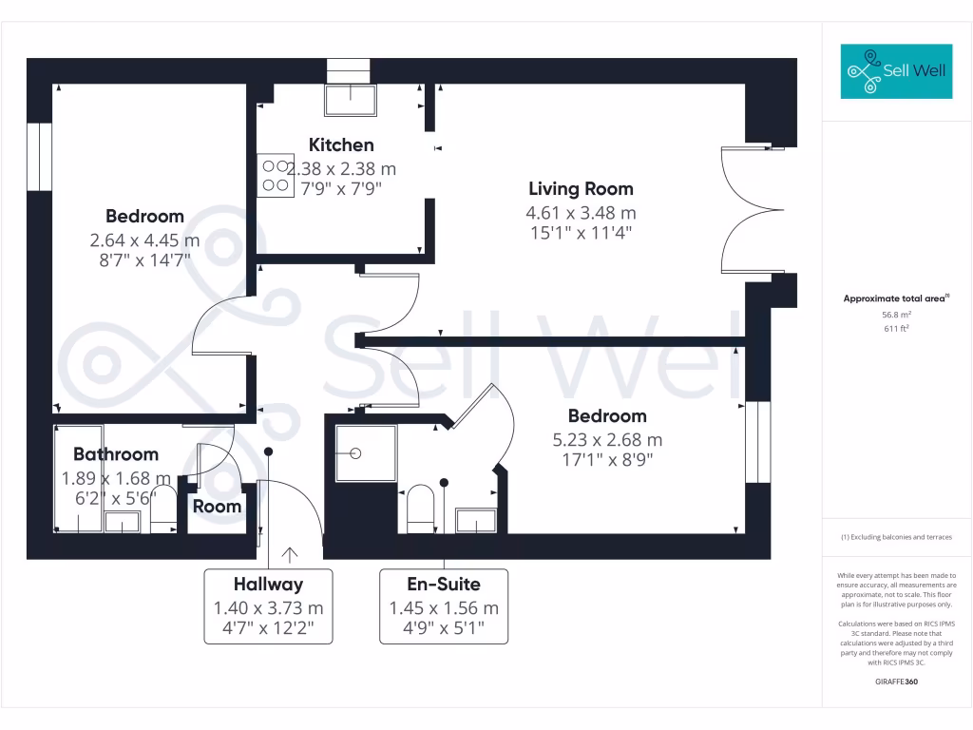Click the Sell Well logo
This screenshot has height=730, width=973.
[896, 71]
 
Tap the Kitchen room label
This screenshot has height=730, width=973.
[341, 145]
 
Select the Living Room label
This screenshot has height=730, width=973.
[581, 189]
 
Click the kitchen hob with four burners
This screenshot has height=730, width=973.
[276, 176]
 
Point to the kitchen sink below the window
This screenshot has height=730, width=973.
[350, 99]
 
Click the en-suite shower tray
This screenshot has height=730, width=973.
[365, 452]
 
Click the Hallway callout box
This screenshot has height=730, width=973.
[269, 605]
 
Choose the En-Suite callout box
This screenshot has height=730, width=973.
[444, 605]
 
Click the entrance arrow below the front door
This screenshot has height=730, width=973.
[288, 554]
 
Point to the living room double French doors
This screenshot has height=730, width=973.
[751, 211]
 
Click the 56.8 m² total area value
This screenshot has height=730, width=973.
[896, 315]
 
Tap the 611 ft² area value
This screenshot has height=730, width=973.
[896, 329]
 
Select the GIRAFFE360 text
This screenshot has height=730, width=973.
[896, 682]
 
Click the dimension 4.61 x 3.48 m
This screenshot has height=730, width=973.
[581, 213]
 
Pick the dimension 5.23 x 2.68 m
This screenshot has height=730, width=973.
[607, 440]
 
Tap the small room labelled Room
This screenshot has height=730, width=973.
[217, 507]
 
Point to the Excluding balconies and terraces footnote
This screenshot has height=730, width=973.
[896, 538]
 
